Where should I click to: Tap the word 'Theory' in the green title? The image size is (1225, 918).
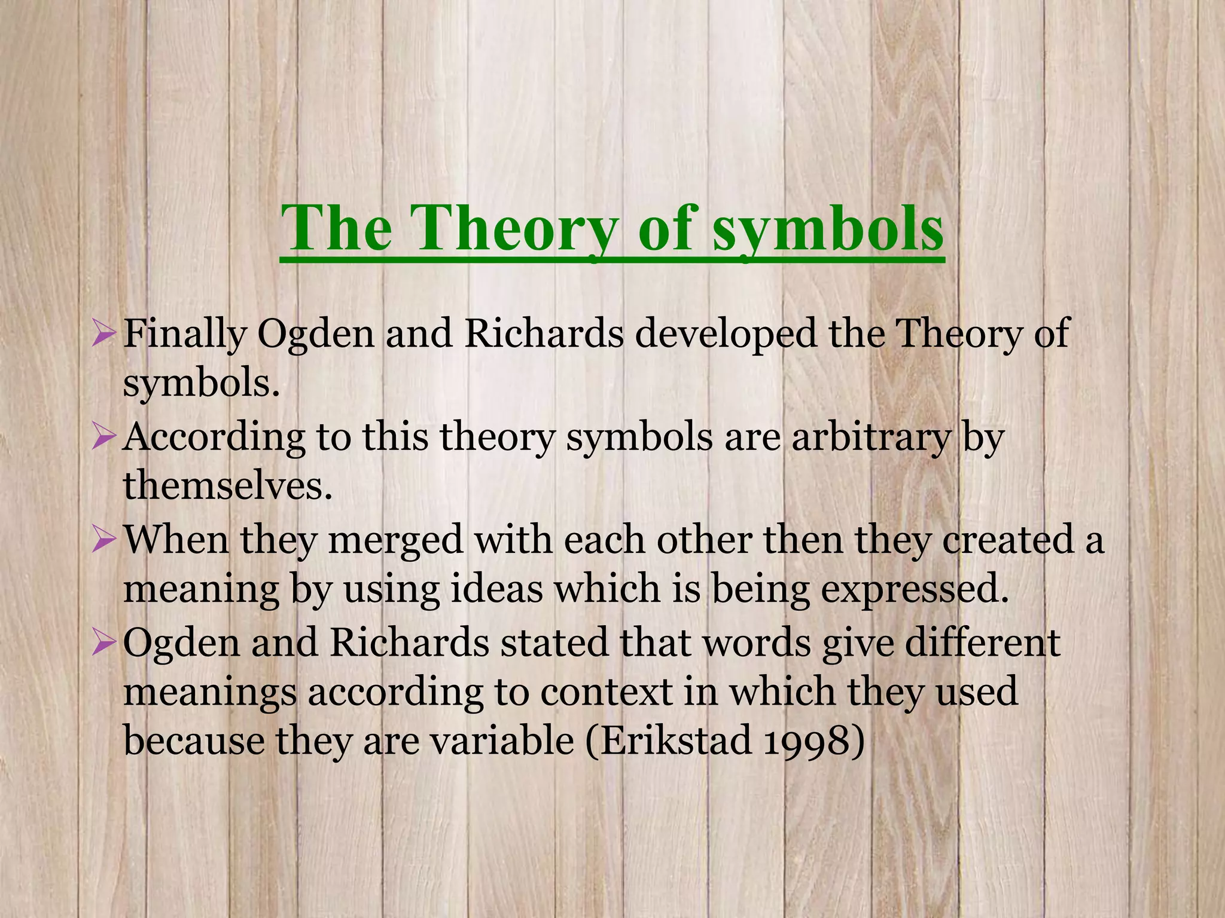pos(516,229)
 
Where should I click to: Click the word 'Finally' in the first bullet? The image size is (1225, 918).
pos(184,335)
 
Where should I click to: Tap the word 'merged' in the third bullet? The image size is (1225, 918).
pos(395,540)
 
